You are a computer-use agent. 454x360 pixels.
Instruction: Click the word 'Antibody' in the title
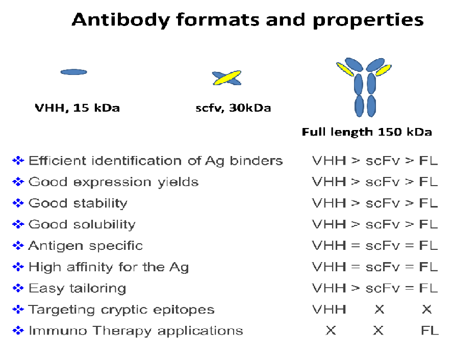pyautogui.click(x=121, y=20)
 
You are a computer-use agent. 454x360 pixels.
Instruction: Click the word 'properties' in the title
pyautogui.click(x=368, y=20)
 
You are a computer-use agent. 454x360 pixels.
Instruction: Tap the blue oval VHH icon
pyautogui.click(x=73, y=72)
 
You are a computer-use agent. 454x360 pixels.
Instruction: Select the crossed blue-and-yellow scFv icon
pyautogui.click(x=226, y=78)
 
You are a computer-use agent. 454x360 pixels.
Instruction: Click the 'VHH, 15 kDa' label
pyautogui.click(x=78, y=108)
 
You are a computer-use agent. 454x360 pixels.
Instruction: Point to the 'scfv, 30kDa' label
pyautogui.click(x=233, y=108)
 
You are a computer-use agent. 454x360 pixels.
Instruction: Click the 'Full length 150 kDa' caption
pyautogui.click(x=367, y=132)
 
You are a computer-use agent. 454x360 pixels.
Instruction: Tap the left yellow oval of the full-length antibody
pyautogui.click(x=345, y=69)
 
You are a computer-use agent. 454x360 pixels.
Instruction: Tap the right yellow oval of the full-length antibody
pyautogui.click(x=384, y=70)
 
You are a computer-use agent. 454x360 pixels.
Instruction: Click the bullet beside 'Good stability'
pyautogui.click(x=18, y=203)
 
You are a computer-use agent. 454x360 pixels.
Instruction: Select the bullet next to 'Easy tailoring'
pyautogui.click(x=18, y=288)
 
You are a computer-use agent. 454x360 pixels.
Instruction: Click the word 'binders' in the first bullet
pyautogui.click(x=256, y=161)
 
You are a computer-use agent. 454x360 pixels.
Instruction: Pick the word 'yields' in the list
pyautogui.click(x=178, y=183)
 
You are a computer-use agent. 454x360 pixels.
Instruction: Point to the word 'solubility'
pyautogui.click(x=104, y=224)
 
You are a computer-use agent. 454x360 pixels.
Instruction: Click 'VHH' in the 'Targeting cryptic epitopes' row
pyautogui.click(x=329, y=310)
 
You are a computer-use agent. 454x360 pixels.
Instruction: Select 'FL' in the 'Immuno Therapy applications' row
pyautogui.click(x=430, y=330)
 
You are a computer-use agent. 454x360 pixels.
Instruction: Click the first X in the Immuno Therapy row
pyautogui.click(x=331, y=330)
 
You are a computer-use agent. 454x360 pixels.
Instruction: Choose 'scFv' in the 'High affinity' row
pyautogui.click(x=383, y=267)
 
